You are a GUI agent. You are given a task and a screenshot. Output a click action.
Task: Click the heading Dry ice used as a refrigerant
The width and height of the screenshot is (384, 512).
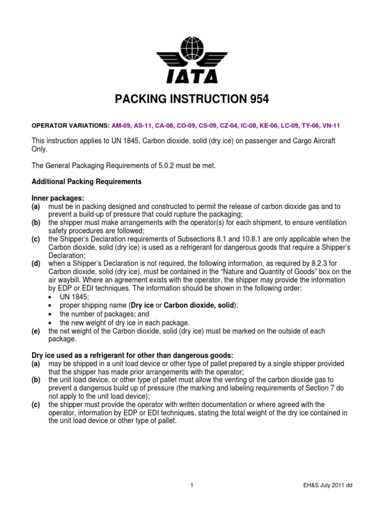(125, 354)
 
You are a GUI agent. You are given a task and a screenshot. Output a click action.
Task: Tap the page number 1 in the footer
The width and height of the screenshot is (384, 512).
(192, 485)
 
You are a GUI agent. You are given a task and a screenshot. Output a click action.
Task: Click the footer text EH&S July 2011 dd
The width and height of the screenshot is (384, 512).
(331, 485)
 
